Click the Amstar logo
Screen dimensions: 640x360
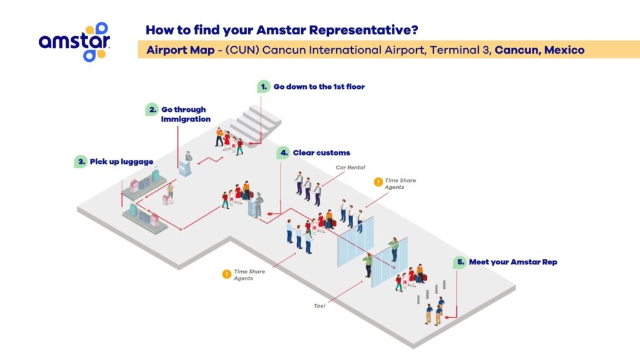(x=74, y=42)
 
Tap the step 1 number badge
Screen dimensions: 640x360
(x=264, y=86)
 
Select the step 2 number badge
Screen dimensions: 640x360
(x=152, y=109)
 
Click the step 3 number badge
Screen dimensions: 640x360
(x=81, y=161)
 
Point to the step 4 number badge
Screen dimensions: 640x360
(x=284, y=152)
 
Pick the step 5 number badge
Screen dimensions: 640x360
(x=460, y=262)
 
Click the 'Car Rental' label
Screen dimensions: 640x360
(x=350, y=167)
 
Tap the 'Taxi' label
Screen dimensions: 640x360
(x=319, y=306)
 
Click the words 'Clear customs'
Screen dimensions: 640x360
(x=321, y=152)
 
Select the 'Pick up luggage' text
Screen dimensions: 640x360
(x=121, y=162)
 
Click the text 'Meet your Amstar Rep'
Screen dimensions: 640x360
(x=513, y=262)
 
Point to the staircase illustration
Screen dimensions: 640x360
(x=256, y=123)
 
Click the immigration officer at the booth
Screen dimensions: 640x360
(x=189, y=157)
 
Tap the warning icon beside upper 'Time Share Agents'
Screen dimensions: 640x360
(x=378, y=182)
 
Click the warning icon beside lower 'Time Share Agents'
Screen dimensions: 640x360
(x=226, y=274)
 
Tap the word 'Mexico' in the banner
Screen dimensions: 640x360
(x=564, y=50)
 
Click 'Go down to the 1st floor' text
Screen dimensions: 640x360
(x=319, y=86)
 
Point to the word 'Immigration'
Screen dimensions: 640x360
(x=186, y=119)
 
